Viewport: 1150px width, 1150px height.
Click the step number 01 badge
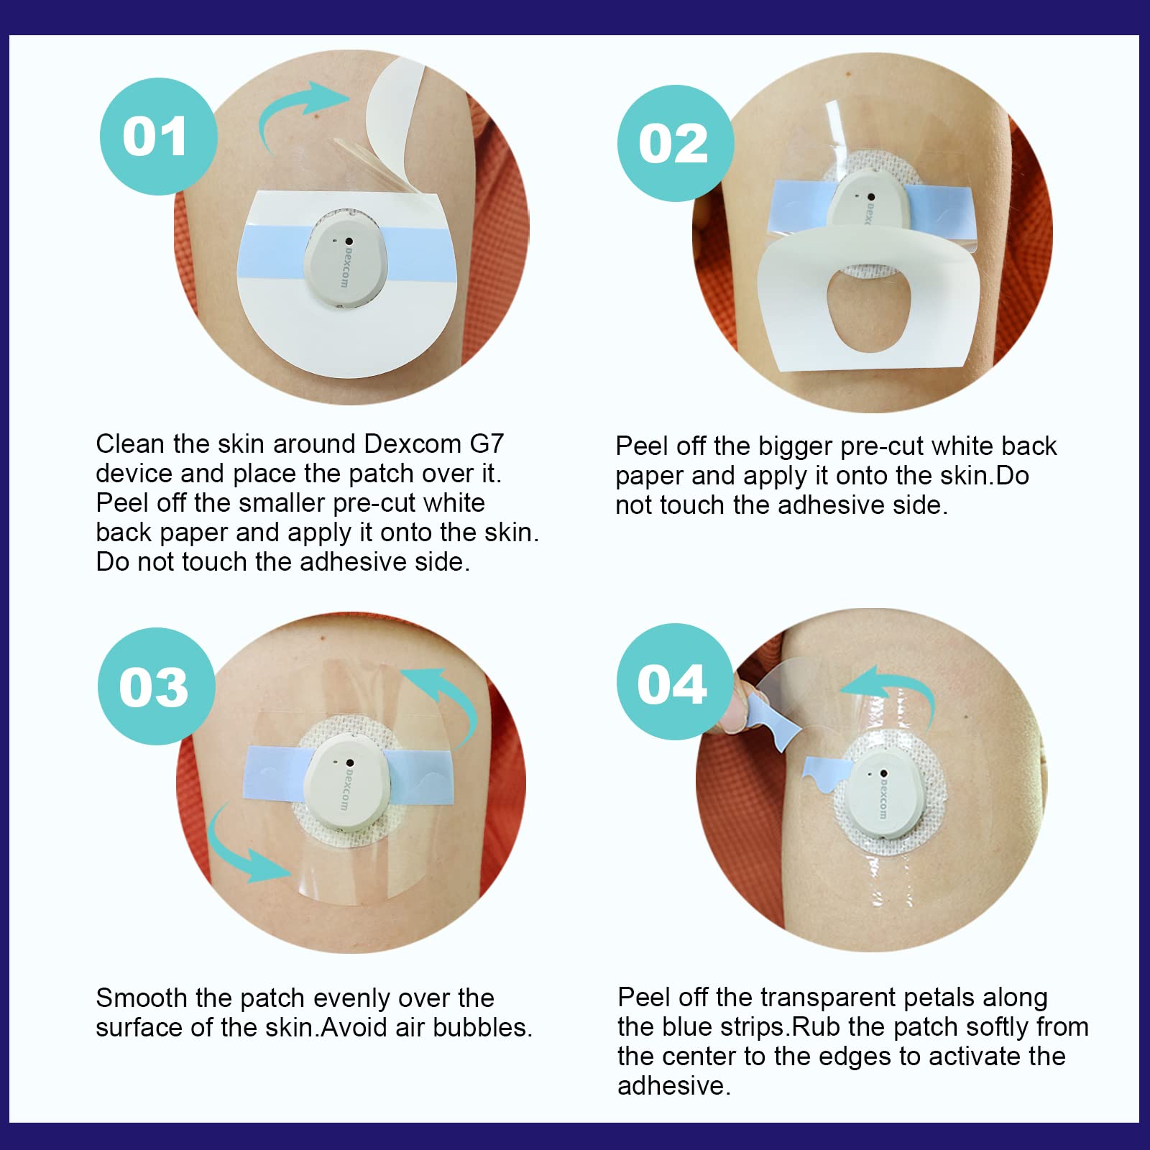coord(158,137)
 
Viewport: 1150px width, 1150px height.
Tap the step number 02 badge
coord(676,143)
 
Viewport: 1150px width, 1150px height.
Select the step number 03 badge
coord(157,686)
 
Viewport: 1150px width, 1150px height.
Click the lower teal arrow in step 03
coord(237,848)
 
